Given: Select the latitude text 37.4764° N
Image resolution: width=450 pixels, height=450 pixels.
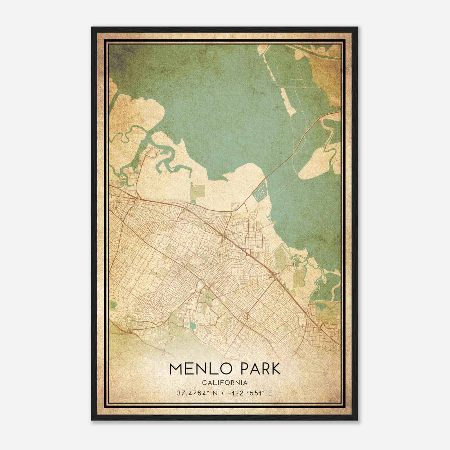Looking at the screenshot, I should (194, 393).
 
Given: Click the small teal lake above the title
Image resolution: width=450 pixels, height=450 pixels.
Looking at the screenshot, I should (193, 326).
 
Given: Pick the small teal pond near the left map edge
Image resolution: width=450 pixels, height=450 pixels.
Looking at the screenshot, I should (114, 304).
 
